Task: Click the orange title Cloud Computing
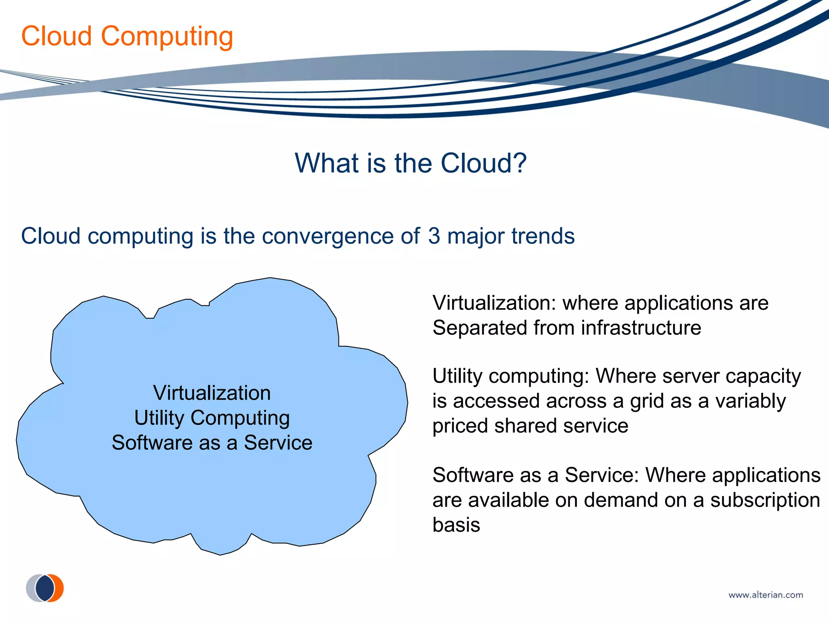pos(127,36)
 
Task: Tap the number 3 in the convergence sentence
pos(434,236)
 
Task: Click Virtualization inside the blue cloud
pos(212,393)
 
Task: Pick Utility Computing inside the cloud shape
pos(212,418)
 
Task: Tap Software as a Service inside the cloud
pos(212,443)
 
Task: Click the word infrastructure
pos(641,328)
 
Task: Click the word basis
pos(456,525)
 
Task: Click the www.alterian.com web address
pos(765,595)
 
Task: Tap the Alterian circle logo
pos(45,588)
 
